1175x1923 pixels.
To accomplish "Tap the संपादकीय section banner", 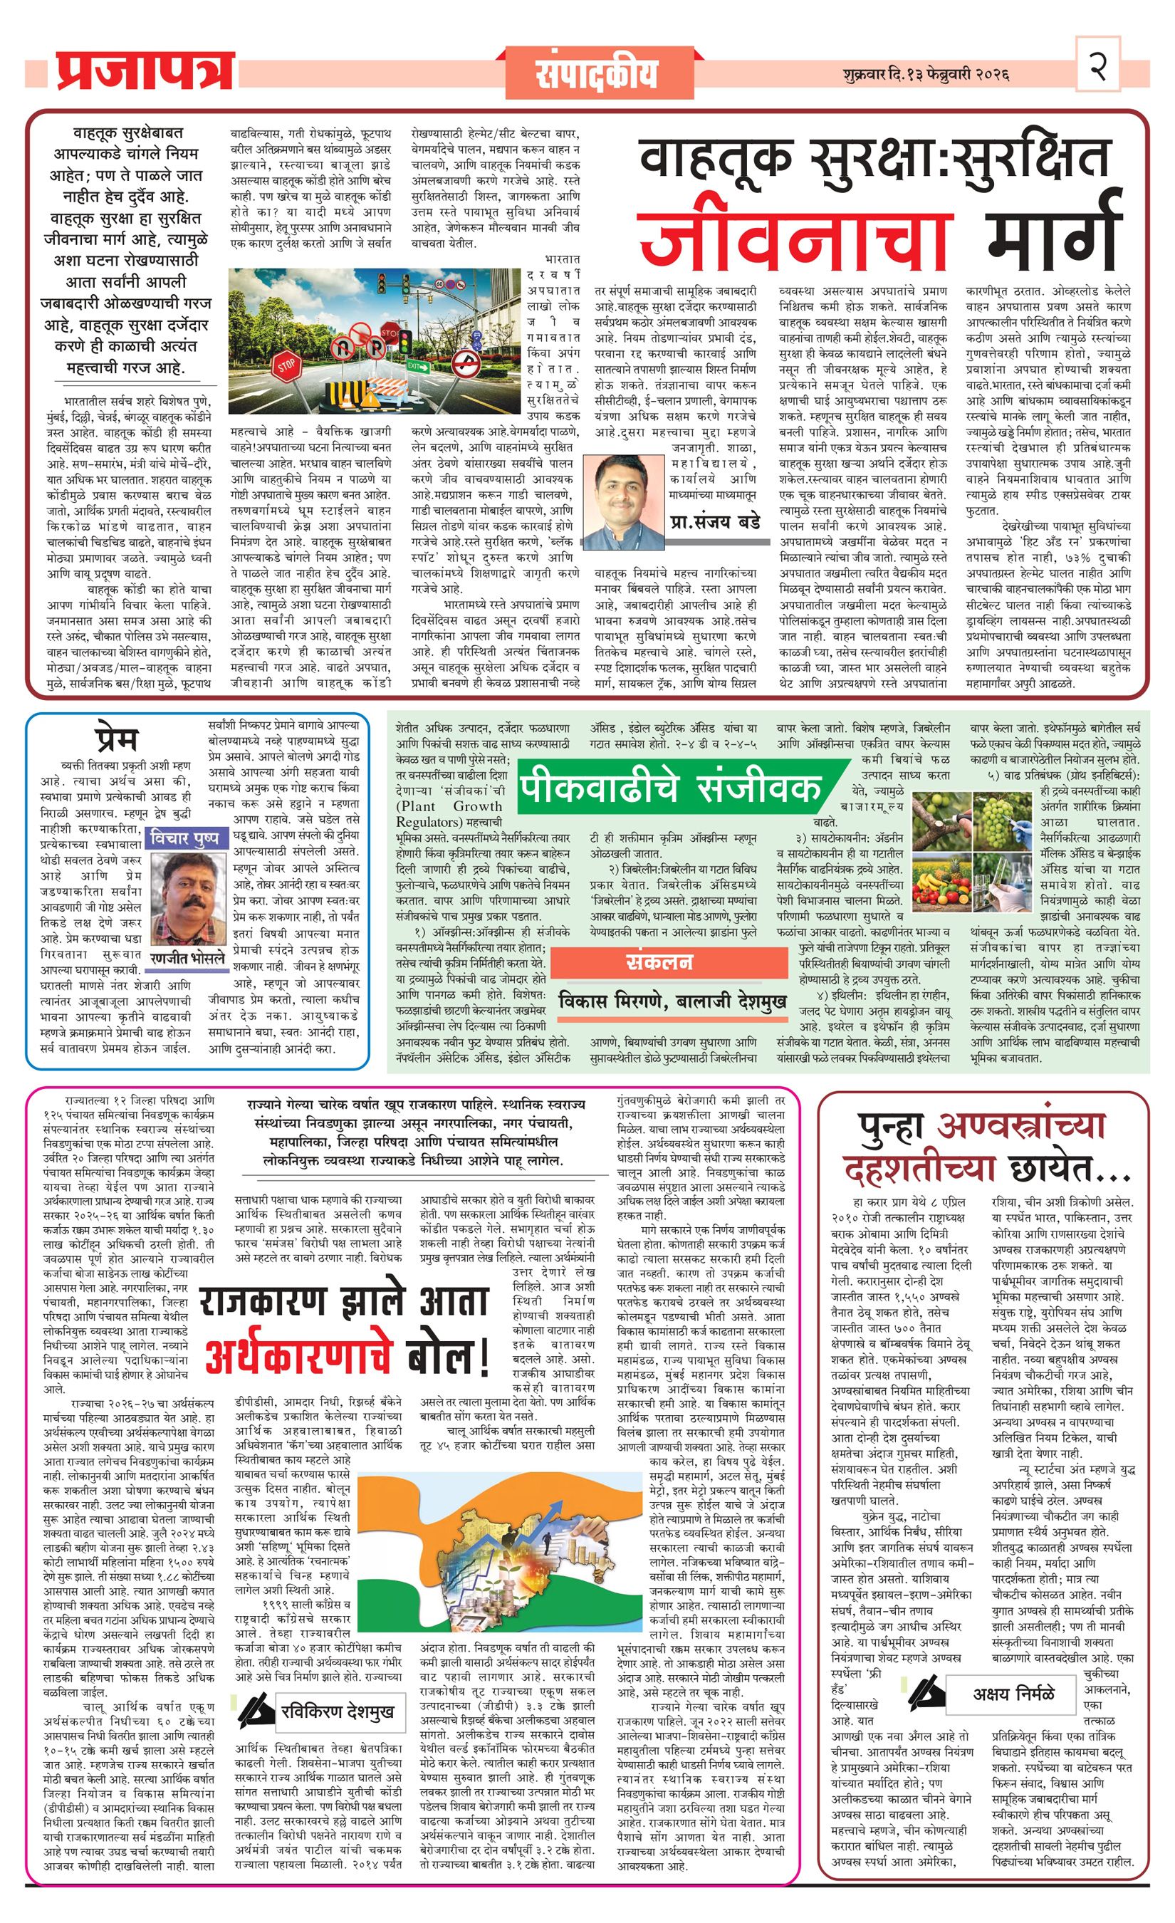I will click(597, 73).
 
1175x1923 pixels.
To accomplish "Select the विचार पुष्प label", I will click(186, 839).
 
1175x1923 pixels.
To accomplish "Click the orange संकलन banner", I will click(669, 963).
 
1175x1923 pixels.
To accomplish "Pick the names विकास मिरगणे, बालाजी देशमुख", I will click(672, 1000).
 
